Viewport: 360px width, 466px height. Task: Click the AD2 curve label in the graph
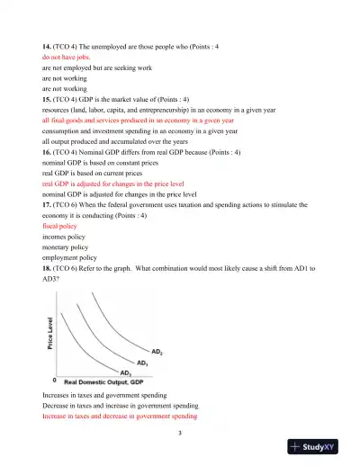[157, 351]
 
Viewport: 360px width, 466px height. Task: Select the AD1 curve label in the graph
[142, 363]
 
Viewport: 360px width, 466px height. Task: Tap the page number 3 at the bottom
[180, 435]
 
